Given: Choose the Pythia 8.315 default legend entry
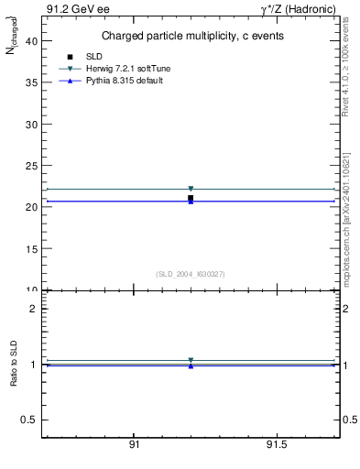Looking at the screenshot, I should pos(111,82).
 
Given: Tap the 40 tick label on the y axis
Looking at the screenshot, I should pos(30,40).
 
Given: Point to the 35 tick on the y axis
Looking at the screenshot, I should pos(30,82).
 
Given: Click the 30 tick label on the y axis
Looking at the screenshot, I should pos(30,124).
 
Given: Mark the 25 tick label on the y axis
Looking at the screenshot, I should pos(30,166).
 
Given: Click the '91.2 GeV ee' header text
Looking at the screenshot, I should pos(71,10).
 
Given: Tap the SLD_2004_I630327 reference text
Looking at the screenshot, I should pos(190,274).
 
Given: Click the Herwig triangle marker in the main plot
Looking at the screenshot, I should pos(191,189).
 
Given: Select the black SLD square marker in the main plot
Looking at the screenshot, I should pos(191,198).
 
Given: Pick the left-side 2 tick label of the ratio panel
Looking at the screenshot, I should pos(32,309).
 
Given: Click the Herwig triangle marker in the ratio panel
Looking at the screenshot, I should pos(191,360).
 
